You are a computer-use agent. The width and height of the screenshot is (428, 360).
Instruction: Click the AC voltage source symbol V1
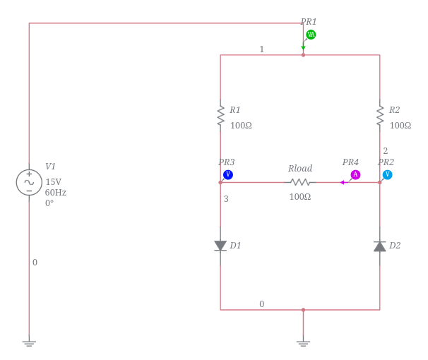(x=29, y=182)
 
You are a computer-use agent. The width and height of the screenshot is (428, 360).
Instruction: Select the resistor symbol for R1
(x=220, y=116)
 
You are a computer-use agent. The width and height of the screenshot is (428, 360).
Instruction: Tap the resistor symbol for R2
(x=380, y=116)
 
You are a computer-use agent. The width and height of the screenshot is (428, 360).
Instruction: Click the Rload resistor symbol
(x=299, y=182)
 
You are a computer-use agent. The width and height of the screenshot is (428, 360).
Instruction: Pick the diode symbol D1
(x=220, y=246)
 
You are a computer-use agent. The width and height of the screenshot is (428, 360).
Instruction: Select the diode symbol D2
(x=380, y=246)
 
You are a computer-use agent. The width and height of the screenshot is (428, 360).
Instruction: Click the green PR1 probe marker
(x=311, y=34)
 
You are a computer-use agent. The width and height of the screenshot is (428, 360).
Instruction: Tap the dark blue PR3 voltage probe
(x=227, y=174)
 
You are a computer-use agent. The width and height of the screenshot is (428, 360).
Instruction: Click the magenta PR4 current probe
(x=355, y=174)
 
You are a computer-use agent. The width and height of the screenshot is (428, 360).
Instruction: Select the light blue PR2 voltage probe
(x=387, y=174)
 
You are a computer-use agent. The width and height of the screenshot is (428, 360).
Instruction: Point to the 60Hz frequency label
(x=56, y=192)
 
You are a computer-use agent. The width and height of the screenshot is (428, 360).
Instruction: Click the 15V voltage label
(x=53, y=181)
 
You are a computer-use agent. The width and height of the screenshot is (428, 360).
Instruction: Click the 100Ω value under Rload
(x=299, y=197)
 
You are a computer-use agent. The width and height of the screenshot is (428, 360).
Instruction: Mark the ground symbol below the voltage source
(x=29, y=344)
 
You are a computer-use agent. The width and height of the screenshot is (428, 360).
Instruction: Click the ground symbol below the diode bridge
(x=303, y=344)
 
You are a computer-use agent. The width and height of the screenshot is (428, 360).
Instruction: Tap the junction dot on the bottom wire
(x=303, y=309)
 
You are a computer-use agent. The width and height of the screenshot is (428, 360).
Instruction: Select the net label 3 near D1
(x=226, y=199)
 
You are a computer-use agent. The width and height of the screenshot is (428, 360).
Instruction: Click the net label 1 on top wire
(x=261, y=49)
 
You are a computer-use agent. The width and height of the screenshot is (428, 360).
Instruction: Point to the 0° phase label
(x=49, y=203)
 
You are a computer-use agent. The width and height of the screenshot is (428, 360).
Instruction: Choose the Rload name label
(x=299, y=169)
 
